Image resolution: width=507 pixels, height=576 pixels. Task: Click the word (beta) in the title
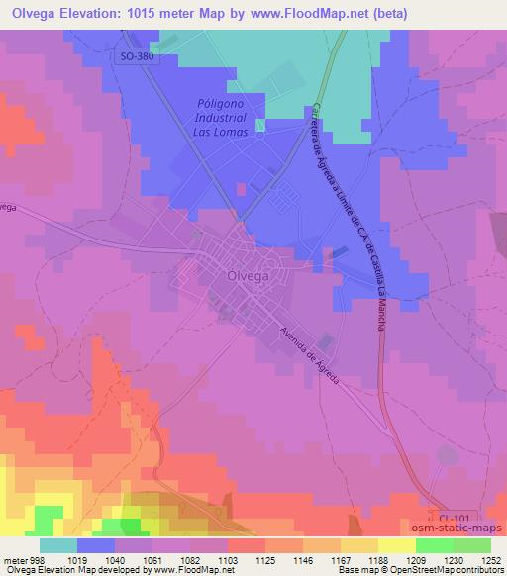(391, 12)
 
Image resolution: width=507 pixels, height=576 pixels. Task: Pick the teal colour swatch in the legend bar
(58, 545)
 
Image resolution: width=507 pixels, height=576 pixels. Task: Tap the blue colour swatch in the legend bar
(95, 545)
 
